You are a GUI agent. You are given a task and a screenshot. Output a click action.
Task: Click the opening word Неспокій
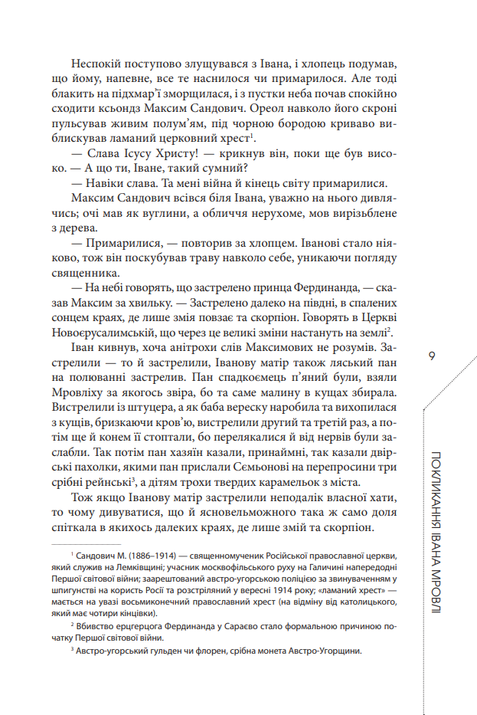(94, 66)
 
